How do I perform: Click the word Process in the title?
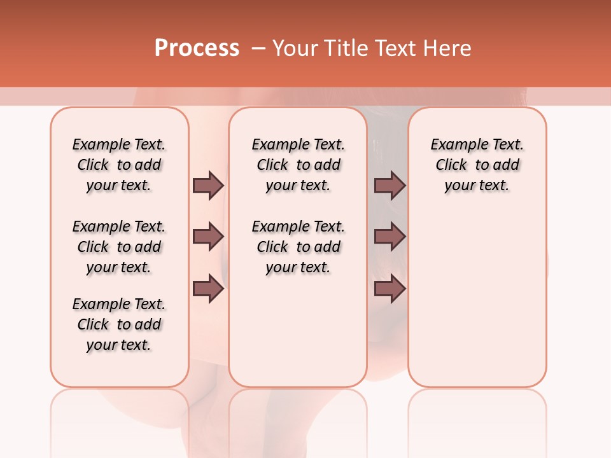(197, 48)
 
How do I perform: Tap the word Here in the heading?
(448, 48)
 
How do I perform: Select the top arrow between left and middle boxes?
(208, 185)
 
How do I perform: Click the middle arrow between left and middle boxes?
(208, 237)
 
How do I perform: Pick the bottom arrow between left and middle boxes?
(208, 289)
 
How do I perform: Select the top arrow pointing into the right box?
(390, 185)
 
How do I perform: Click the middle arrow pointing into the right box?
(390, 237)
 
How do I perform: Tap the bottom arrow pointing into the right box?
(390, 289)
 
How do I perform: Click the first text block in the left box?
(119, 165)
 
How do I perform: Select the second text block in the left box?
(119, 247)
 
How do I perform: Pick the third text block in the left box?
(119, 324)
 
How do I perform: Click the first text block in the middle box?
(298, 165)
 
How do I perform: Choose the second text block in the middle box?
(298, 247)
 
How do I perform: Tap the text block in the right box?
(477, 165)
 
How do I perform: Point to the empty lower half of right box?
(477, 305)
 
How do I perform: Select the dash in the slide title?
(258, 48)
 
